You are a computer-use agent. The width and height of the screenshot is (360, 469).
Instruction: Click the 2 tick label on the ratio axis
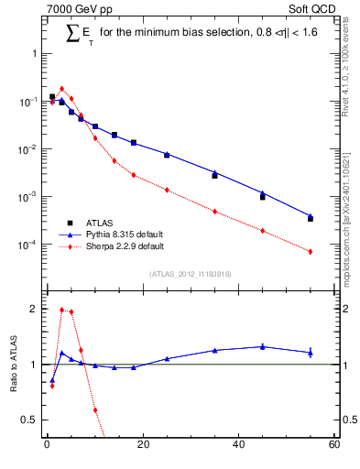[33, 309]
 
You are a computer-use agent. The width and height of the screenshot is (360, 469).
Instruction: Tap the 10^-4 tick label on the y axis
[27, 245]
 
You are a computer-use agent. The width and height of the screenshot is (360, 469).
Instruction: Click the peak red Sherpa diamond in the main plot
[61, 89]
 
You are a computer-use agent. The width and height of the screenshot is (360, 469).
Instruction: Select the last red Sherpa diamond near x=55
[310, 251]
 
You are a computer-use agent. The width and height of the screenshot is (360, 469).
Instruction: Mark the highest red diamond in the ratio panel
[61, 310]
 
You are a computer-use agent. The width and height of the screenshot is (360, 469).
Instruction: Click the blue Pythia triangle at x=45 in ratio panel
[262, 346]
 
